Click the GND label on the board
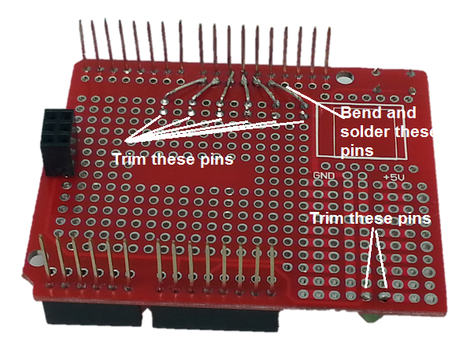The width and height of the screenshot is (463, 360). (324, 176)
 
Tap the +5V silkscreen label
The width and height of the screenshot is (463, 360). (394, 177)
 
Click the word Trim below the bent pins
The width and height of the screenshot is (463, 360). (131, 159)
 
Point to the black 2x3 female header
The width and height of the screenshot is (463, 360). (59, 143)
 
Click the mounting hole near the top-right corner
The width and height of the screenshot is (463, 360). (345, 79)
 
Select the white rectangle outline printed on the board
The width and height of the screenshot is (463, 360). (317, 130)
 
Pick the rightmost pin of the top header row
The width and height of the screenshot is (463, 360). (328, 50)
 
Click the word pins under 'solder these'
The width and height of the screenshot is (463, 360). (357, 150)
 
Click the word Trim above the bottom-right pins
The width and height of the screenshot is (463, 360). (328, 218)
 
